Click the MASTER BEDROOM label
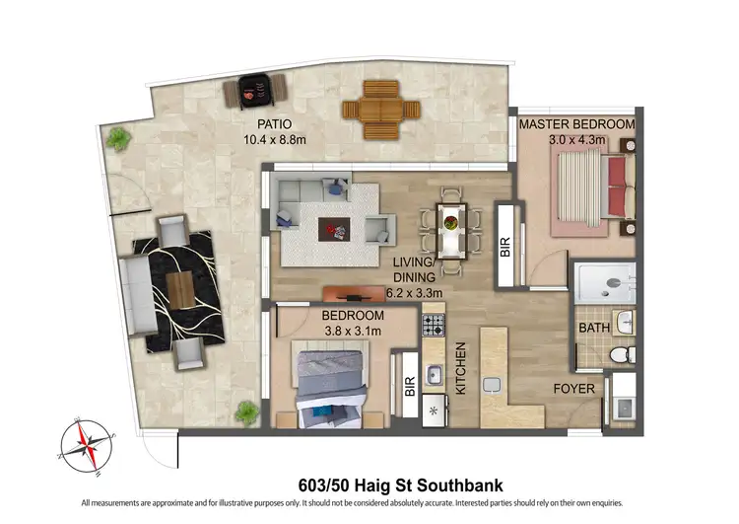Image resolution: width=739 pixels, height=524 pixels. (x=577, y=124)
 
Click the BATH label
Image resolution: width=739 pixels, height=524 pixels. (x=594, y=327)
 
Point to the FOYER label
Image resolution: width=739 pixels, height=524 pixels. (x=573, y=389)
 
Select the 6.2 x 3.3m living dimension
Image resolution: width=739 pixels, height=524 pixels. (x=414, y=293)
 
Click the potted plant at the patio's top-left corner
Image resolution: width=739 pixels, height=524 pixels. (x=118, y=138)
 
